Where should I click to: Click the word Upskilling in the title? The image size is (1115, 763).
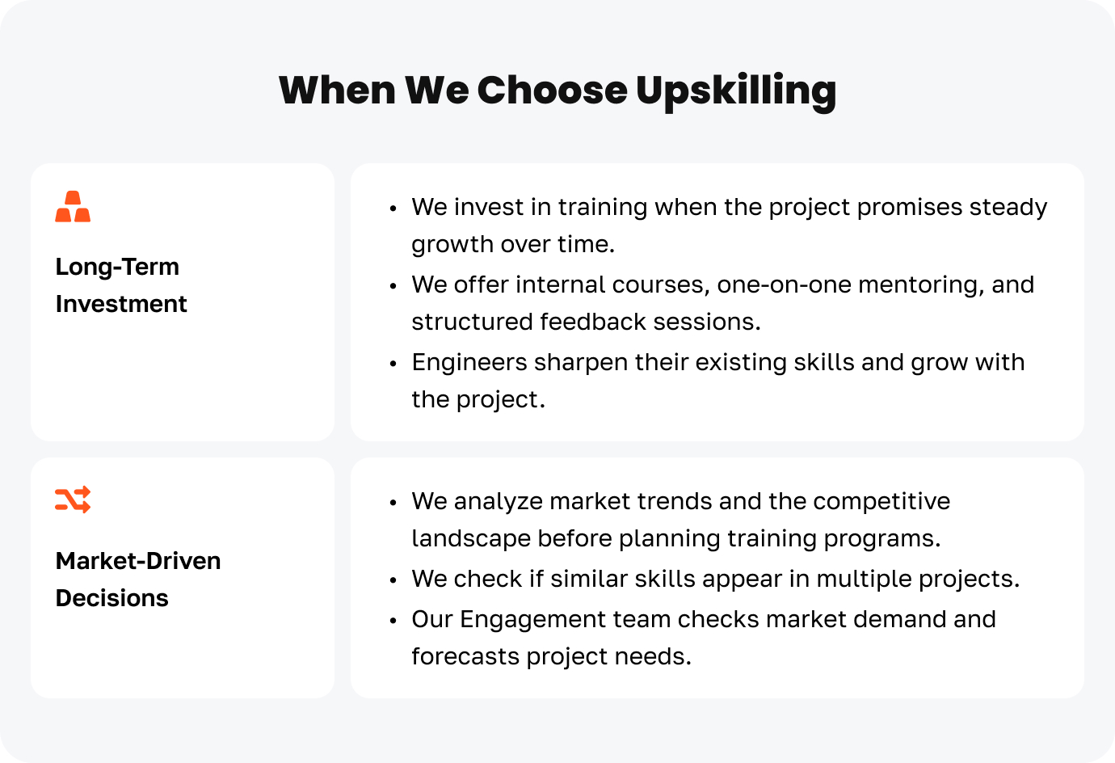tap(736, 92)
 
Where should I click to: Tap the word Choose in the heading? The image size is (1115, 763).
tap(552, 91)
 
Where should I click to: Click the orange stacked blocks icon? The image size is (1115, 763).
tap(73, 206)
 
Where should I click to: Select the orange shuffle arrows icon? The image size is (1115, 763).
tap(73, 499)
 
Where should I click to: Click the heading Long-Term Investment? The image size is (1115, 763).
tap(121, 285)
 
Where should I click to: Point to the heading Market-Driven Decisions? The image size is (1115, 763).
tap(138, 580)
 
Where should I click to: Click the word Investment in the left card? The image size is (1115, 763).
tap(121, 304)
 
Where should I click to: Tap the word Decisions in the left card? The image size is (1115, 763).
tap(112, 597)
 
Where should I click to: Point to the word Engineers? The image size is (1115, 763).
tap(469, 363)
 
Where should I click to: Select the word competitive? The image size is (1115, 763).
tap(881, 502)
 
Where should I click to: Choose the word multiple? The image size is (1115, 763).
tap(864, 580)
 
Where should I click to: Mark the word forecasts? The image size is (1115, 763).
tap(465, 657)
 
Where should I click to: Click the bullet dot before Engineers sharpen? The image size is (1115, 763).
tap(393, 364)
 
